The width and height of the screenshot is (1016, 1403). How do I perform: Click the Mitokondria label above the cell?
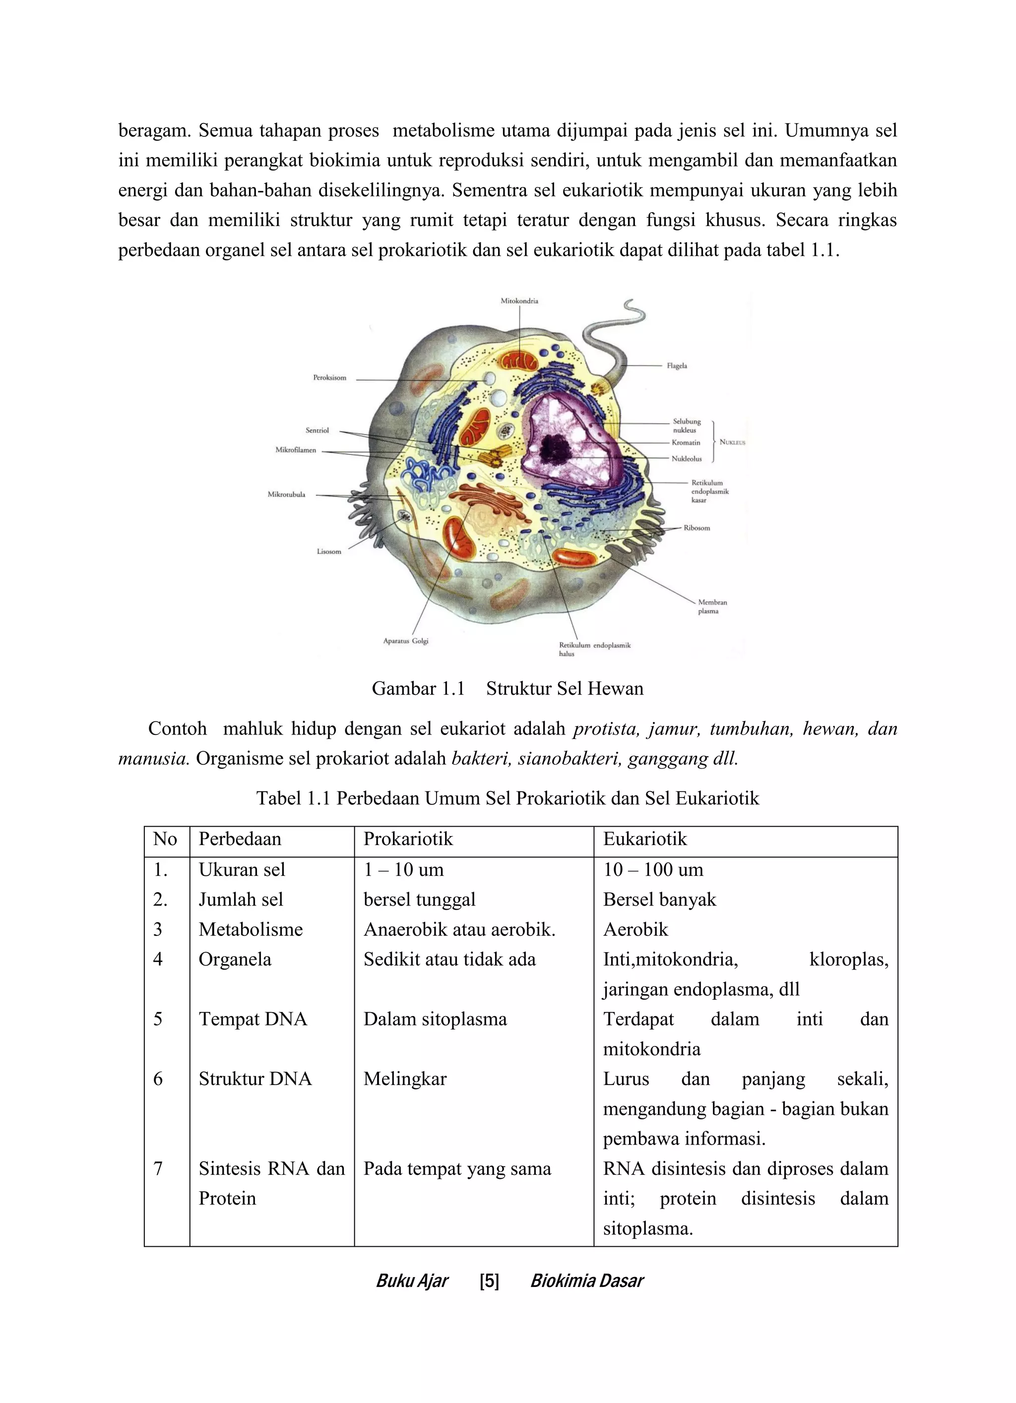(519, 301)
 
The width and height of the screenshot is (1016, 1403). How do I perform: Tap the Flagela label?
(677, 366)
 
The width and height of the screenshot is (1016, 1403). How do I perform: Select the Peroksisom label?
(329, 377)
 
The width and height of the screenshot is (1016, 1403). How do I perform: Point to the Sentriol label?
(317, 430)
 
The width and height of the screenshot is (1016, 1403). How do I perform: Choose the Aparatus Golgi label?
(405, 641)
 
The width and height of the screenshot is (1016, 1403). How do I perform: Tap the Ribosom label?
(697, 528)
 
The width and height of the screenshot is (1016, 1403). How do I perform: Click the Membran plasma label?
(712, 606)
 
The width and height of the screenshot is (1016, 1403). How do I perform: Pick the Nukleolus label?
(687, 458)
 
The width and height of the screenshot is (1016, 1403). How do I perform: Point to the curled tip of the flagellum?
(634, 307)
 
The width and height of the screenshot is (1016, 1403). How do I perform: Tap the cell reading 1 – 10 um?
(403, 870)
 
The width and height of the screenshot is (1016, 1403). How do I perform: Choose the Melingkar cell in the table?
(405, 1079)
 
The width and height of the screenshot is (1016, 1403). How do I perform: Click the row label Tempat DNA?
(253, 1019)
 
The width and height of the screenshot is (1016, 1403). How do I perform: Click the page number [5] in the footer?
(489, 1281)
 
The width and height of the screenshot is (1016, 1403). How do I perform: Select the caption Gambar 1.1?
(418, 688)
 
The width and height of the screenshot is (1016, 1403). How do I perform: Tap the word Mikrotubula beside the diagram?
(286, 494)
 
